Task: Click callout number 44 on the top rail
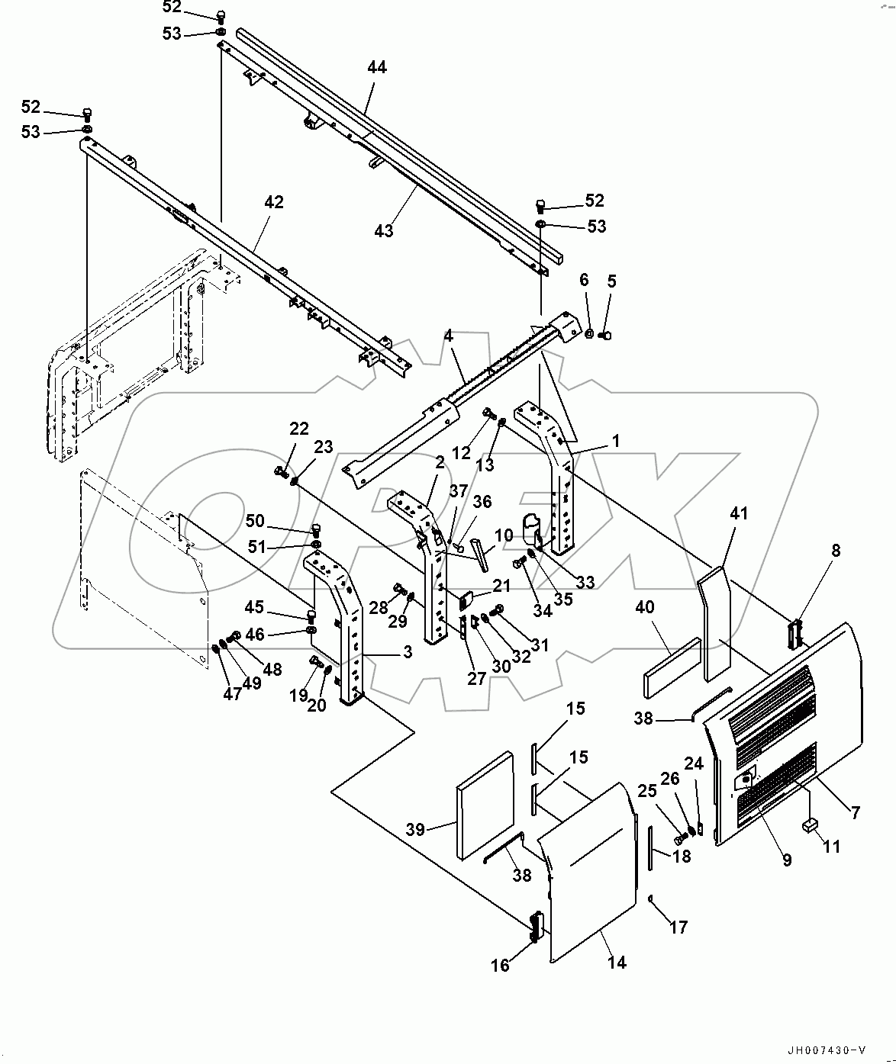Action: tap(377, 67)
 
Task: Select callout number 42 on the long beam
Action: tap(273, 202)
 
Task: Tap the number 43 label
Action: tap(383, 230)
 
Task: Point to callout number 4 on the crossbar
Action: tap(449, 335)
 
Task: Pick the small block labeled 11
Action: tap(811, 824)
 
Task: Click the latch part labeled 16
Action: tap(536, 925)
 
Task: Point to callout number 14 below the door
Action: tap(617, 963)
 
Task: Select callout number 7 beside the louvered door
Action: tap(856, 813)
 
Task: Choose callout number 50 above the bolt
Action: tap(255, 521)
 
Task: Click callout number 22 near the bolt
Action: tap(299, 429)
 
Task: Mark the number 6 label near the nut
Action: tap(585, 280)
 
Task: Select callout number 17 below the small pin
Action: tap(678, 927)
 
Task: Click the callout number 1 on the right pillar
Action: tap(616, 441)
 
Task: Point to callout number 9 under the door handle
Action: tap(787, 860)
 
